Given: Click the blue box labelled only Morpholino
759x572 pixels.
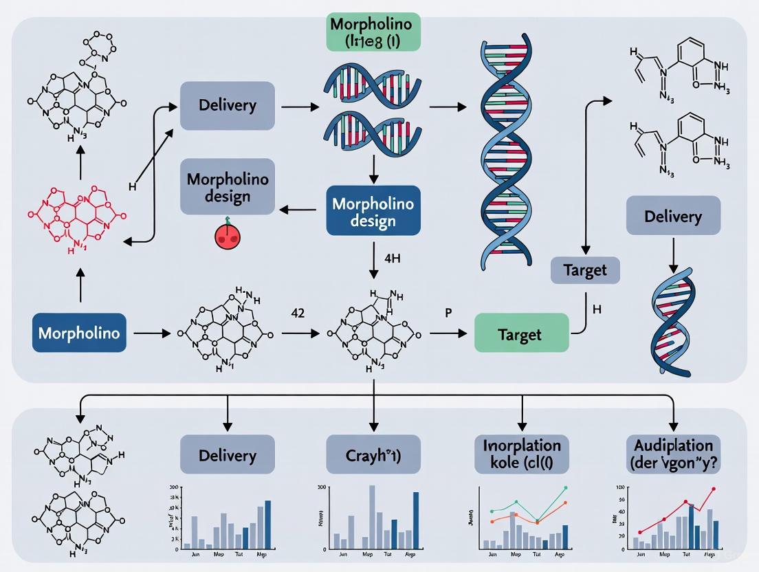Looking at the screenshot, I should coord(79,333).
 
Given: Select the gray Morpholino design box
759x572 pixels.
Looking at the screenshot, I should coord(227,186).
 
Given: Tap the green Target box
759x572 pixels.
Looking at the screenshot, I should coord(522,334).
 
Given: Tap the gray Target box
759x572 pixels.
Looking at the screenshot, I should coord(585,269).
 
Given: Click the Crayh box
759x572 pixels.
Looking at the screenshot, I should coord(373,454).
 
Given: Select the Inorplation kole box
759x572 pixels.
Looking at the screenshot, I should coord(522,454).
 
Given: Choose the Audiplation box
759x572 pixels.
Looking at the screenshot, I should coord(674,454).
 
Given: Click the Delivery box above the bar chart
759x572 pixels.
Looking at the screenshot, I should coord(227,454).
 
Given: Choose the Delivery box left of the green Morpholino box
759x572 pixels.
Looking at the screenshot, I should coord(227,106).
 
